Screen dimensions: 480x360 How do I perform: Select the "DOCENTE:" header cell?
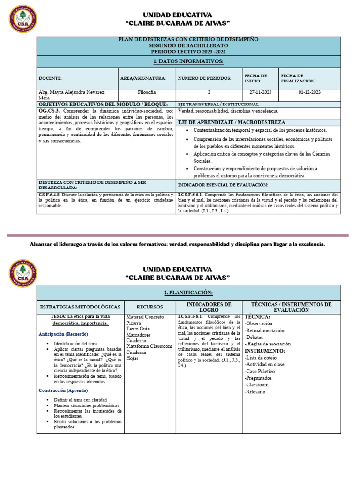point(50,78)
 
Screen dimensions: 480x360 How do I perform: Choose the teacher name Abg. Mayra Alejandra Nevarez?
point(71,93)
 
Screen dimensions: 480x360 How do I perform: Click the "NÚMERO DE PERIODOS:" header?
point(200,78)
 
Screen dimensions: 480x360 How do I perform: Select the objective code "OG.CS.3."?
point(48,111)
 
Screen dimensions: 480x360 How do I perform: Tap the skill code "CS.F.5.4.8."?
point(51,195)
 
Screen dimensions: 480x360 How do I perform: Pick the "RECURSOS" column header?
point(150,307)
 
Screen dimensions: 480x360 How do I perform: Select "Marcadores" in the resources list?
point(139,335)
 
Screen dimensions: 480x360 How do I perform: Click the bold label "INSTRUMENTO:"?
point(265,351)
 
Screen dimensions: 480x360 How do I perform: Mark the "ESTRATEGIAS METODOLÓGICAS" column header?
point(80,307)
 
